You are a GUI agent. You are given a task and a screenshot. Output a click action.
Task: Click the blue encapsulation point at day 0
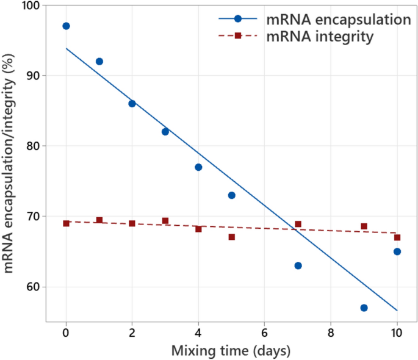click(x=66, y=26)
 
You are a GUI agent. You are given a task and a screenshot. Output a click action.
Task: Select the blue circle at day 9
click(x=364, y=308)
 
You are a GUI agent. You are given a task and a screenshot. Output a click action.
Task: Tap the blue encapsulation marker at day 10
click(x=397, y=251)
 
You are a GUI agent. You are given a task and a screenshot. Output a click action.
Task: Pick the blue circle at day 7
click(x=298, y=265)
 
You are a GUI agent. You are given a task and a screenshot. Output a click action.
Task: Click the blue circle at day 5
click(x=231, y=195)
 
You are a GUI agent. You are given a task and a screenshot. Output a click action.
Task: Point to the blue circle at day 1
click(x=99, y=62)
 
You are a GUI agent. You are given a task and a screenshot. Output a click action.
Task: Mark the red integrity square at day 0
click(x=66, y=223)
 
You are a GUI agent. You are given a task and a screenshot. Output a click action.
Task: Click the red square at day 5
click(x=231, y=237)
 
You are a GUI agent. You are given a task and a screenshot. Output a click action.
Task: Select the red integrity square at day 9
click(x=364, y=226)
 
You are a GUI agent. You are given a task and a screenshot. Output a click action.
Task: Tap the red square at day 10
click(x=397, y=237)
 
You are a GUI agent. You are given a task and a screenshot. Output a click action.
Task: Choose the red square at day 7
click(x=298, y=224)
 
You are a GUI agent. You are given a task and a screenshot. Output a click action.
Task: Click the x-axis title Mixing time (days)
click(x=231, y=350)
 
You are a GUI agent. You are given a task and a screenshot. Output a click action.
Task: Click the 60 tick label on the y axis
click(x=31, y=287)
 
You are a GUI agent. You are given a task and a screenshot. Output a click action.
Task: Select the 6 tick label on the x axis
click(x=264, y=333)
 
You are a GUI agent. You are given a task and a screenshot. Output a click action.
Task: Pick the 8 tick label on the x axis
click(x=331, y=333)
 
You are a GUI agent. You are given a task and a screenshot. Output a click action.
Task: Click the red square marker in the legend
click(x=238, y=37)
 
